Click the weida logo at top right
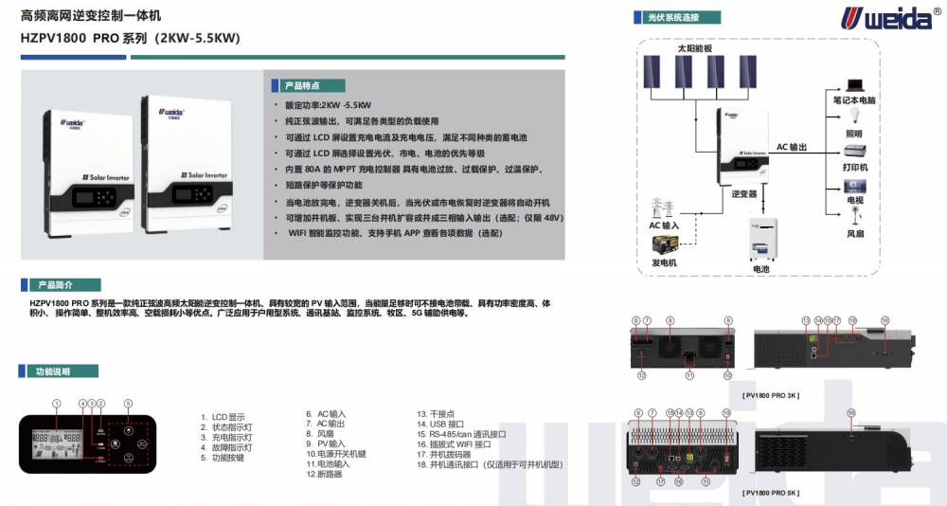[x=871, y=17]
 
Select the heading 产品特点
[x=306, y=85]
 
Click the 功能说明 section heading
[x=56, y=372]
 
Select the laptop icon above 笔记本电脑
[x=855, y=85]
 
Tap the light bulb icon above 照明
[x=854, y=117]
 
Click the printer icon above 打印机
[x=854, y=151]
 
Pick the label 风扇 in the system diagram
[x=855, y=232]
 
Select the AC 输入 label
[x=664, y=226]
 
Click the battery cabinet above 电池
[x=761, y=241]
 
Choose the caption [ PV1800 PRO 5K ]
[x=772, y=493]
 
